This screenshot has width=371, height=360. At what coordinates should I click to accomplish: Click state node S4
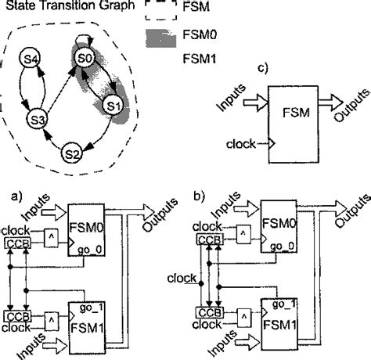pyautogui.click(x=31, y=59)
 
